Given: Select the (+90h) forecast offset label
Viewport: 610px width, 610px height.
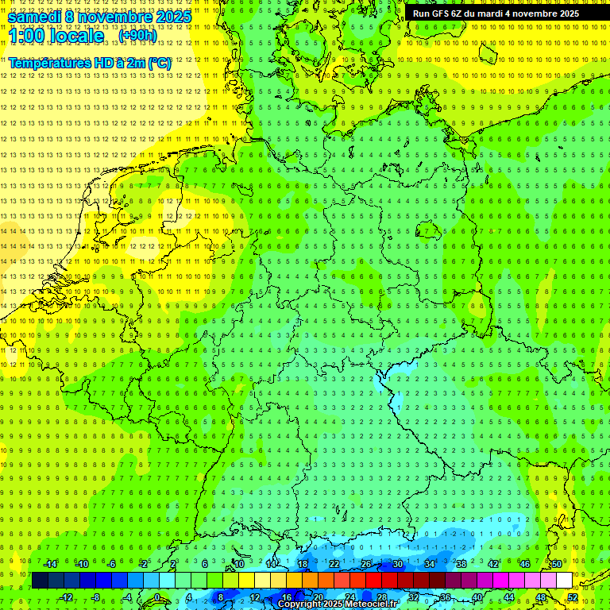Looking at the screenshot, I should click(137, 36).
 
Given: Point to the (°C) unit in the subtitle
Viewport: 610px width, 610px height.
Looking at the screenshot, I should click(157, 63).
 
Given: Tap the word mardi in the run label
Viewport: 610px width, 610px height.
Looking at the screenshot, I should click(492, 14).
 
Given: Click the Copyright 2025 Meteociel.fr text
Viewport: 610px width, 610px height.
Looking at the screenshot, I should click(338, 604).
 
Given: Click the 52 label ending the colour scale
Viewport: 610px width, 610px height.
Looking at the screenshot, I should click(573, 597).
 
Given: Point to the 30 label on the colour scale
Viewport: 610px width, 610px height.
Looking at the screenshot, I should click(397, 564).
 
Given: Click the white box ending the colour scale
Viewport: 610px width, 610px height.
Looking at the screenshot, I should click(564, 581).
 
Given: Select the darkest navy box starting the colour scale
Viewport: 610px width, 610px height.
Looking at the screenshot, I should click(40, 581).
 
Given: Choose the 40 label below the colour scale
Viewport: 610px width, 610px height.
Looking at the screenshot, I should click(477, 597).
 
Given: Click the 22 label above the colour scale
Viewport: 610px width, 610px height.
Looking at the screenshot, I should click(334, 564).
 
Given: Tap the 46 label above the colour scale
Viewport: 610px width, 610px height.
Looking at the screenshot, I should click(524, 564).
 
